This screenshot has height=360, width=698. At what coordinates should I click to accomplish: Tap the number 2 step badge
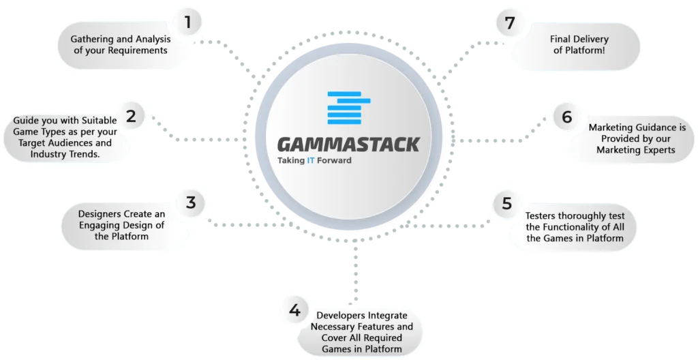click(131, 116)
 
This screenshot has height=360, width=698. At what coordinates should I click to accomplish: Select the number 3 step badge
click(191, 202)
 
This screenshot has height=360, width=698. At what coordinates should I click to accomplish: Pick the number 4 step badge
click(294, 311)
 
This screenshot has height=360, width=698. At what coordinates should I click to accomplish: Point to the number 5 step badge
click(506, 203)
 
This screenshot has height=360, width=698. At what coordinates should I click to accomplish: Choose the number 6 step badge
click(567, 117)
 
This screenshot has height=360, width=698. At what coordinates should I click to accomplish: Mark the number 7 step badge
click(509, 23)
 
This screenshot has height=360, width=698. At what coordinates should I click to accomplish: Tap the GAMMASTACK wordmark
click(348, 145)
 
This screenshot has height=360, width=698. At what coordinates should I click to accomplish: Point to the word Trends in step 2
click(92, 155)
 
